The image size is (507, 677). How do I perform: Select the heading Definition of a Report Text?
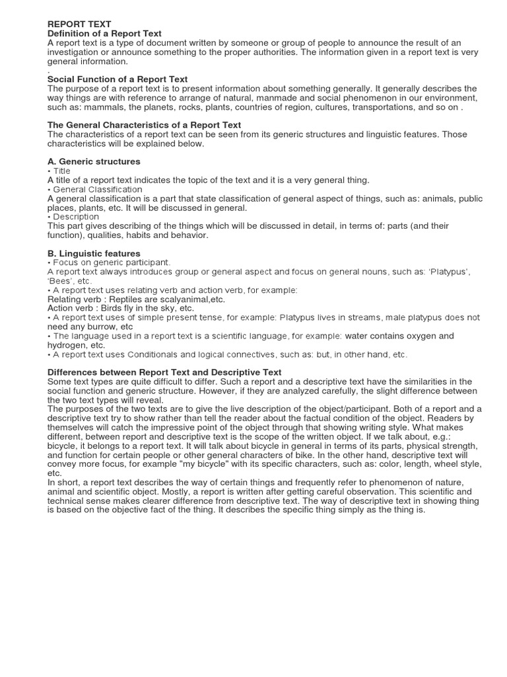coord(104,34)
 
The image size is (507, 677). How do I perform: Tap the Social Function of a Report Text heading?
coord(118,79)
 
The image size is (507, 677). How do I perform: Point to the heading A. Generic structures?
coord(94,161)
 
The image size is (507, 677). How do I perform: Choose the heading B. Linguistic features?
coord(94,253)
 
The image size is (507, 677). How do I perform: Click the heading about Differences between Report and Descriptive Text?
coord(164,372)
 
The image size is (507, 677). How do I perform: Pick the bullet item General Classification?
coord(97,189)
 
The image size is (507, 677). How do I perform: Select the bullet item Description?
coord(75,217)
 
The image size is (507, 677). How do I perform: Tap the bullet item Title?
coord(61,171)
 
